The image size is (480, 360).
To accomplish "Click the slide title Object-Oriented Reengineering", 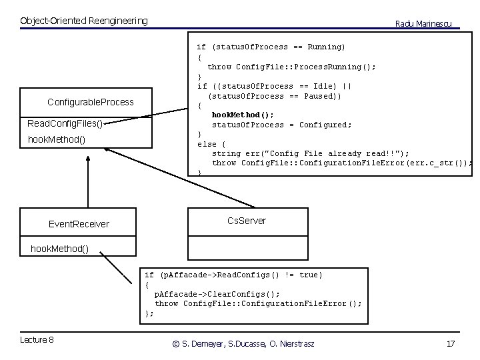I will point(84,21).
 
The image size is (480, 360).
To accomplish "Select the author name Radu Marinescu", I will point(423,23).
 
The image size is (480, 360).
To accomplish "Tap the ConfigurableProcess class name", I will point(91,102).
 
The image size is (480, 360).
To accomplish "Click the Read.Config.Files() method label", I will point(65,124).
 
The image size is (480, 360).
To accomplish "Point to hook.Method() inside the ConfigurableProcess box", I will point(56,140).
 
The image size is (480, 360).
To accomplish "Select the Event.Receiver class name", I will point(79,224).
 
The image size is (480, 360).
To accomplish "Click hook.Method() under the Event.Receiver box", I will point(59,249).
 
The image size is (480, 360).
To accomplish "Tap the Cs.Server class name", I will point(246,221).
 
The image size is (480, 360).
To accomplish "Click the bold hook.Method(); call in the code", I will point(243,115).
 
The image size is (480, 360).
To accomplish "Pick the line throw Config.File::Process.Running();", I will point(291,67).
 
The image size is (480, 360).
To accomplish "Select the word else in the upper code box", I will point(207,144).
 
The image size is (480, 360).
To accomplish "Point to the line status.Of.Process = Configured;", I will point(282,125).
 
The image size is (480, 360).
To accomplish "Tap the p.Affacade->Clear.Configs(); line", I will point(217,293).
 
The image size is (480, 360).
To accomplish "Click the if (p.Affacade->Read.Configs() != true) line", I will point(233,275).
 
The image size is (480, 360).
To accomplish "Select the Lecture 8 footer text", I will point(37,340).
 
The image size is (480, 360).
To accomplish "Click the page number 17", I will point(450,343).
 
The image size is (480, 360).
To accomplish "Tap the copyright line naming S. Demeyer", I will point(243,343).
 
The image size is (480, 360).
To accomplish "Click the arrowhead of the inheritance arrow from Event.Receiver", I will point(87,160).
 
